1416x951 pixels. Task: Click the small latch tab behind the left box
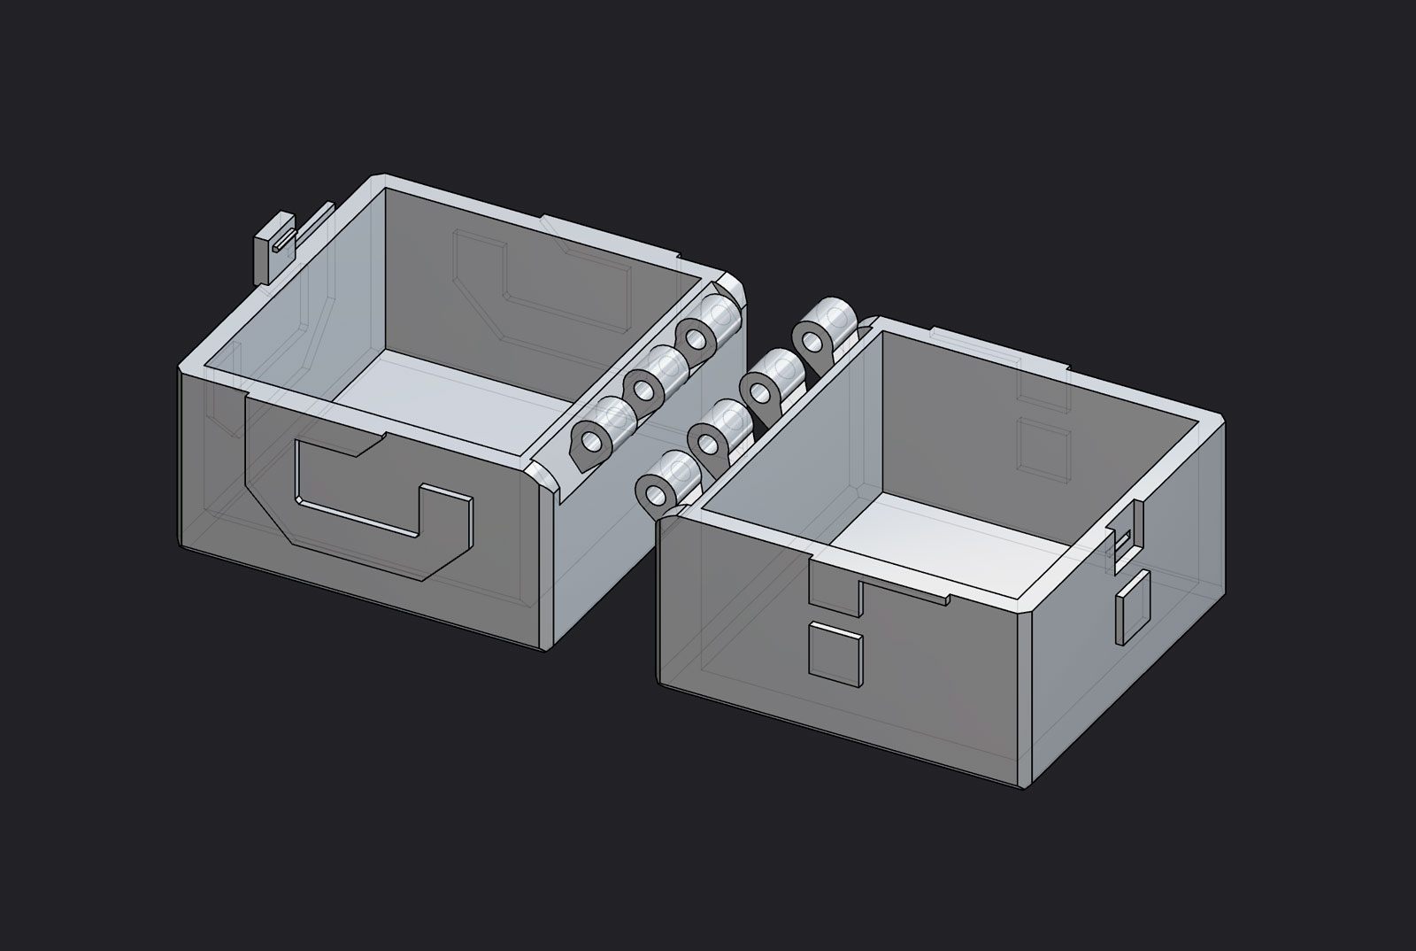273,248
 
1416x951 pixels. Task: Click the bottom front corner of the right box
1027,786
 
